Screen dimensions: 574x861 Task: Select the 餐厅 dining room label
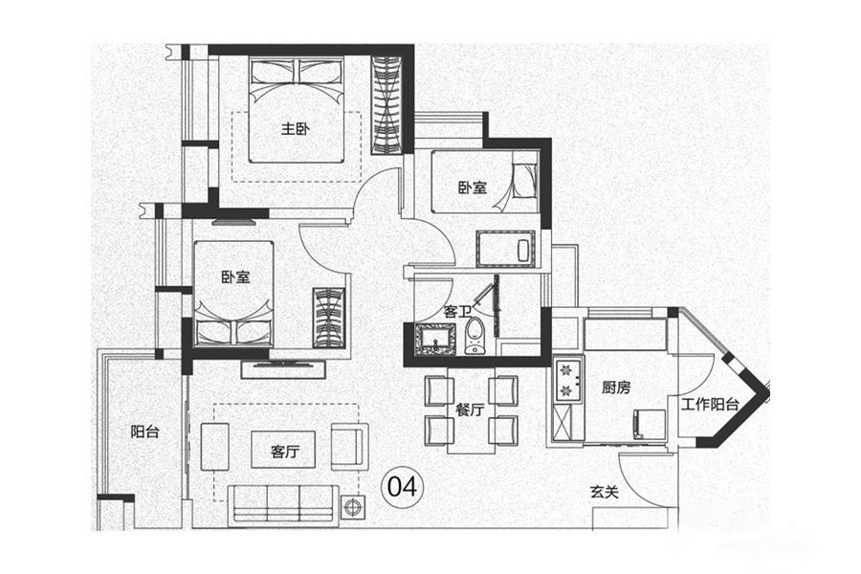click(x=470, y=410)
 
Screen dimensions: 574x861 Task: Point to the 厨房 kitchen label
click(x=615, y=387)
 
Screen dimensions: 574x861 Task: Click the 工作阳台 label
click(x=710, y=405)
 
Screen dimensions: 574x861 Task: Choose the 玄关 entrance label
click(x=603, y=493)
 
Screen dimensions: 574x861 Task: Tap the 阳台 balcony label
click(x=144, y=431)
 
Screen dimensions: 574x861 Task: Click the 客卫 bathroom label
click(x=457, y=311)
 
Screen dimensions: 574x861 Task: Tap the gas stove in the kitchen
click(x=567, y=379)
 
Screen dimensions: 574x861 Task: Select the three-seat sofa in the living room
click(x=283, y=502)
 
